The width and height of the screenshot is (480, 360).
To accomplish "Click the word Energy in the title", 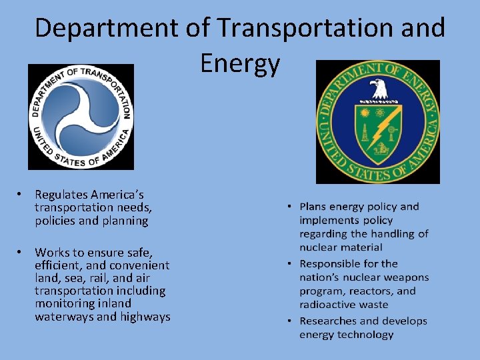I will pyautogui.click(x=240, y=65).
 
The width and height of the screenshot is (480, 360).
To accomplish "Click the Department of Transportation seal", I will pyautogui.click(x=81, y=117).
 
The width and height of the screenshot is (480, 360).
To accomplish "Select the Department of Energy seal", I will pyautogui.click(x=378, y=122).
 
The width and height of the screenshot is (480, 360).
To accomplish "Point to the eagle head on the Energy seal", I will pyautogui.click(x=378, y=87).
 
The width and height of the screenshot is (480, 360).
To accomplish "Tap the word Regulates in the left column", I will pyautogui.click(x=61, y=195).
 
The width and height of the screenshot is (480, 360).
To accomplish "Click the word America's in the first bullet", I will pyautogui.click(x=117, y=195).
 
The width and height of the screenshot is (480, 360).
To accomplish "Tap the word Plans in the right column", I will pyautogui.click(x=314, y=207).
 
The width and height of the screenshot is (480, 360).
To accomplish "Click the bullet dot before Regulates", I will pyautogui.click(x=21, y=195).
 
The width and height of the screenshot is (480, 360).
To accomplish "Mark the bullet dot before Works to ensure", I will pyautogui.click(x=21, y=252).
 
